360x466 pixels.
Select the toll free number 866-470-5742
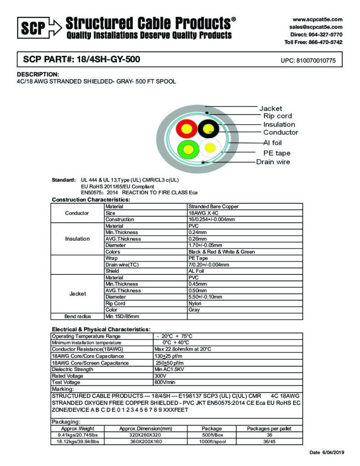(325, 42)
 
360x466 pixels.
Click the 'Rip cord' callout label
(278, 116)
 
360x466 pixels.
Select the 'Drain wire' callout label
(273, 162)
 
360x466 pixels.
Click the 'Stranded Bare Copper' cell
(213, 207)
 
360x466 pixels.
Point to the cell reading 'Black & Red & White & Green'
(222, 252)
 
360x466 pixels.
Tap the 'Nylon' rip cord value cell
(195, 303)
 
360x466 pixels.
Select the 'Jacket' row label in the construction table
(77, 294)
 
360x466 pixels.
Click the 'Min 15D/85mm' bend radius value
(122, 316)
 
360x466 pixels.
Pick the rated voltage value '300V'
(161, 376)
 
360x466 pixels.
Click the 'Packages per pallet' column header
(269, 428)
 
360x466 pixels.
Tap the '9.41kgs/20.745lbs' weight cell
(76, 435)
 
